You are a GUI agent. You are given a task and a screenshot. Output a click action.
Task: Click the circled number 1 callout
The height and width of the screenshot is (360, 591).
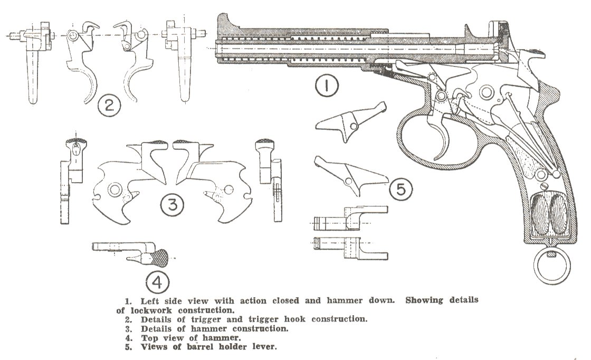click(326, 86)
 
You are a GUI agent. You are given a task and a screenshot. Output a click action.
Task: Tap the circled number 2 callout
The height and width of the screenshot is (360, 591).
click(109, 106)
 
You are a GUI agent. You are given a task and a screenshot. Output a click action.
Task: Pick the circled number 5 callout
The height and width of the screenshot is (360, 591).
click(401, 188)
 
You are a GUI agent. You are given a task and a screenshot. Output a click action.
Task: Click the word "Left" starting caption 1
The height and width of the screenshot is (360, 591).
click(151, 300)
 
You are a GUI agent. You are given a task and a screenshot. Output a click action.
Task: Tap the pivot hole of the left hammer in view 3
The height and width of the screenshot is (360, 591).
click(114, 189)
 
